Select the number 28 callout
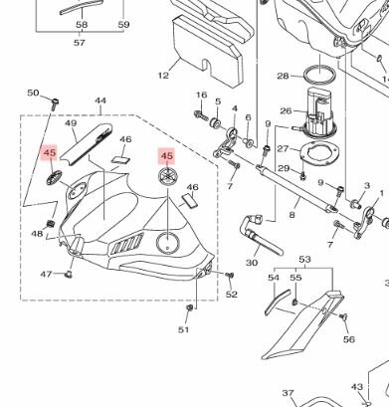tap(283, 76)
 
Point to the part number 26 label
tap(285, 111)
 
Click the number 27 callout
tap(282, 148)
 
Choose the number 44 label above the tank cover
tap(100, 102)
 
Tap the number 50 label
tap(32, 94)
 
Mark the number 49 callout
tap(71, 123)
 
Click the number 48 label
tap(37, 235)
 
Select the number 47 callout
tap(46, 274)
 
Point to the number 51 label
tap(184, 329)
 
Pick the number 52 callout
tap(232, 294)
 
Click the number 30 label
tap(251, 263)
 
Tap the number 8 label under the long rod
tap(292, 214)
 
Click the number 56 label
tap(349, 339)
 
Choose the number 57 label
tap(80, 43)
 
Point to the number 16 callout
tap(201, 96)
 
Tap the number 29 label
tap(283, 169)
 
